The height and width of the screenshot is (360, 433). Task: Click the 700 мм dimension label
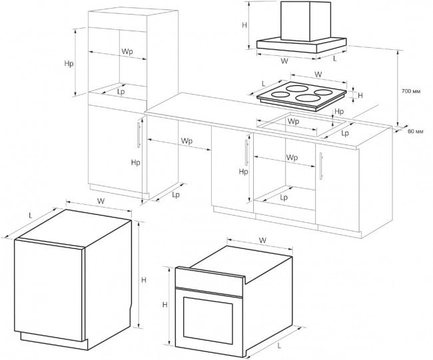click(x=411, y=91)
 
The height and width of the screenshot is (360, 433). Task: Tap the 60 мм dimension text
click(x=415, y=131)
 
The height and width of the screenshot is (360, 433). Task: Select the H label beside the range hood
click(x=244, y=25)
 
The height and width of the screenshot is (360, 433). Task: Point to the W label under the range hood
click(x=284, y=61)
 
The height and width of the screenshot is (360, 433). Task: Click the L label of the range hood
click(x=335, y=59)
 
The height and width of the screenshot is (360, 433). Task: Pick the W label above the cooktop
click(x=318, y=75)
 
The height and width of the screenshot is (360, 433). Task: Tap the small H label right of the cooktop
click(x=360, y=95)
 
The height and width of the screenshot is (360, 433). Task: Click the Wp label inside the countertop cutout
click(x=293, y=121)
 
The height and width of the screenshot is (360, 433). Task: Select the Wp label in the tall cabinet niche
click(x=127, y=52)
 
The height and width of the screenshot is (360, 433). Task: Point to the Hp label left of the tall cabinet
click(x=69, y=63)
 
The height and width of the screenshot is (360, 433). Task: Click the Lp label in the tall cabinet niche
click(x=121, y=91)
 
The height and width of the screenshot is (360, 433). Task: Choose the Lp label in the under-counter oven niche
click(x=284, y=197)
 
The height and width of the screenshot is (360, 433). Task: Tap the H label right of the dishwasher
click(x=144, y=280)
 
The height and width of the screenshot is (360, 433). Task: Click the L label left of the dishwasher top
click(x=31, y=215)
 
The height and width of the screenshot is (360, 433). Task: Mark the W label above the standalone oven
click(x=262, y=240)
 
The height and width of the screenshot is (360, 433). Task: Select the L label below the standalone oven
click(x=280, y=345)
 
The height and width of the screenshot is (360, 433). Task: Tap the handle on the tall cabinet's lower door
click(x=139, y=135)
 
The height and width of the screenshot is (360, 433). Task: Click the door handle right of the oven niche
click(x=321, y=166)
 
